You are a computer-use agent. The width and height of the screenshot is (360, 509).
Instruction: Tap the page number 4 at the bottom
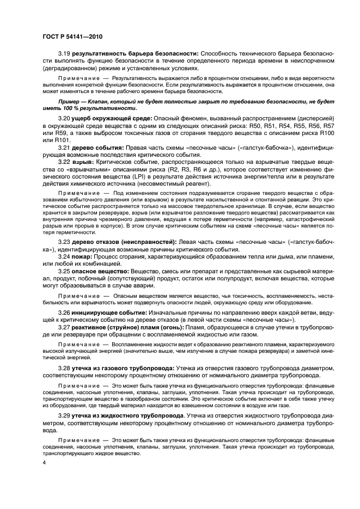(44, 462)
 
